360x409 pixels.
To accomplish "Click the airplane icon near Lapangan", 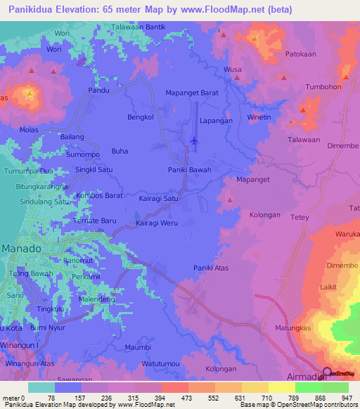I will pos(194,141).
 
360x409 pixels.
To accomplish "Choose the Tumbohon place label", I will pos(324,87).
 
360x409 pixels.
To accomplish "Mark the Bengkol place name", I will pos(140,117).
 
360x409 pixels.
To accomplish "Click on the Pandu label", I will pos(98,91).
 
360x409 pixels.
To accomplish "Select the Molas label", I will pos(30,130).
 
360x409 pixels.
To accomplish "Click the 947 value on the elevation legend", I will pos(345,398).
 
